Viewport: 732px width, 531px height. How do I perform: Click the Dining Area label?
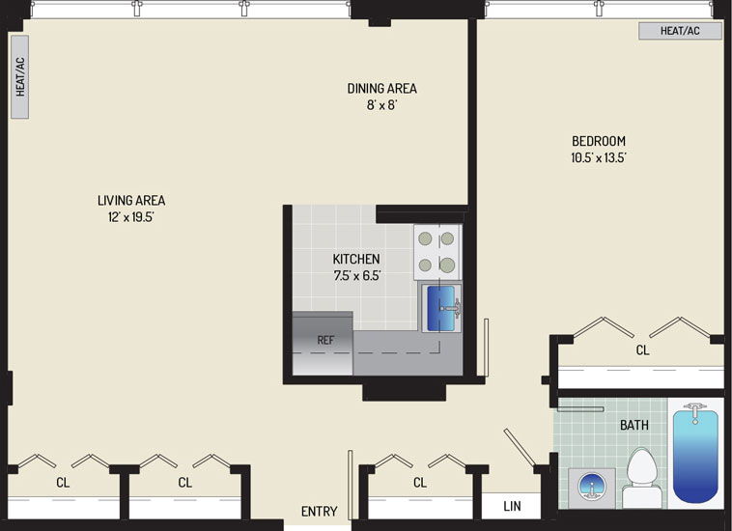[381, 88]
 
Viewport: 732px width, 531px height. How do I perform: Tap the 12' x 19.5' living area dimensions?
[131, 217]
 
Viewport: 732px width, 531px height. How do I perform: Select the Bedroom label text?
[599, 141]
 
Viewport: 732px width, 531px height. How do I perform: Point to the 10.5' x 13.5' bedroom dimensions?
[599, 157]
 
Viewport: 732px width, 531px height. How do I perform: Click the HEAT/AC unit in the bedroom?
[680, 31]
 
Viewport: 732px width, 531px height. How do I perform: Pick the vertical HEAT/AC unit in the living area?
[19, 76]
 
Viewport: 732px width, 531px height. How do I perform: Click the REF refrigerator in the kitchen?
[323, 343]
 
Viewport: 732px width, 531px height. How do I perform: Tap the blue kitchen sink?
[441, 308]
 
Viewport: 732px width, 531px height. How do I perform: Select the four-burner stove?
[437, 252]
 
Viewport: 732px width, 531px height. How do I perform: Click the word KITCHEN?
[356, 259]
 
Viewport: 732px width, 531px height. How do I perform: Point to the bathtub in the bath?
[695, 453]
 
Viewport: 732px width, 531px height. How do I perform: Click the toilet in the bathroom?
[641, 478]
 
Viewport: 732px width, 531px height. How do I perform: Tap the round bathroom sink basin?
[591, 487]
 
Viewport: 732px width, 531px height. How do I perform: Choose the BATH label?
[633, 425]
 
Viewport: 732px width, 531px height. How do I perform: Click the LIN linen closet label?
[512, 506]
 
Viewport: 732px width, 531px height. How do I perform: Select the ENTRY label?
[320, 512]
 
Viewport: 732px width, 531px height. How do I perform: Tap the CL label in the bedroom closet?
[643, 349]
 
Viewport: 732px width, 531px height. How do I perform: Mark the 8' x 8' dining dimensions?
[381, 105]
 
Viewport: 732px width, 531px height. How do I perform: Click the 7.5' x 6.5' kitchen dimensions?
[357, 276]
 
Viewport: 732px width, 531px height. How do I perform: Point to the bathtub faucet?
[695, 411]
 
